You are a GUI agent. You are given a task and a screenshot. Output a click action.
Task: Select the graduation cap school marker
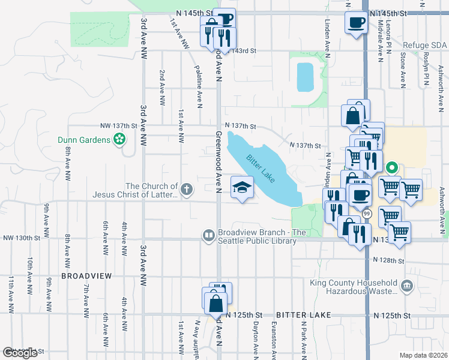tap(243, 188)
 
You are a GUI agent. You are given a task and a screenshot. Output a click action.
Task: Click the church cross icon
tap(187, 190)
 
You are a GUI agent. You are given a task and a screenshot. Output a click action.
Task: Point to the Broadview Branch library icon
tap(208, 236)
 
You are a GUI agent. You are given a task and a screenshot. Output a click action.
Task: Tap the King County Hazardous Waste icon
tap(408, 286)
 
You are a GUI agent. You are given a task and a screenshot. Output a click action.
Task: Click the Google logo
tap(20, 353)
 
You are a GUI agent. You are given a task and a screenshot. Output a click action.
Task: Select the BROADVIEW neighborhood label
tap(86, 275)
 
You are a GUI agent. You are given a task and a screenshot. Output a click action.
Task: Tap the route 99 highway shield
tap(367, 214)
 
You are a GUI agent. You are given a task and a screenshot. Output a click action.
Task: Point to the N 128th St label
tap(389, 260)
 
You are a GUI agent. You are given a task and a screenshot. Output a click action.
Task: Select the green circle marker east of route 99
tap(392, 167)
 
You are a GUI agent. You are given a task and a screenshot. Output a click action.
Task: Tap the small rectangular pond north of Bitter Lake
tap(305, 76)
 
